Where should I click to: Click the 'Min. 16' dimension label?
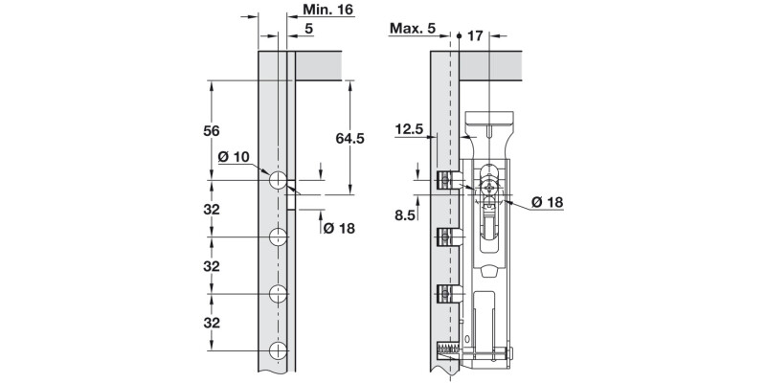pyautogui.click(x=327, y=10)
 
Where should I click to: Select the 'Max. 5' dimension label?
pyautogui.click(x=413, y=29)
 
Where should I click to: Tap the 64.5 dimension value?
pyautogui.click(x=349, y=139)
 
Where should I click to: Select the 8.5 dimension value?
pyautogui.click(x=404, y=215)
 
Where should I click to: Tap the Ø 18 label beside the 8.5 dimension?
pyautogui.click(x=547, y=202)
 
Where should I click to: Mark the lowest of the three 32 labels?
pyautogui.click(x=213, y=323)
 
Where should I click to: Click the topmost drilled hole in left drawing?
pyautogui.click(x=278, y=180)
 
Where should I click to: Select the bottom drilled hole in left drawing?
pyautogui.click(x=278, y=350)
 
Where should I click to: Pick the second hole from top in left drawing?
pyautogui.click(x=278, y=237)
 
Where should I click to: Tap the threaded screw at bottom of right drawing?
pyautogui.click(x=447, y=351)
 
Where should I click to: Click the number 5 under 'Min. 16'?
pyautogui.click(x=308, y=29)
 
